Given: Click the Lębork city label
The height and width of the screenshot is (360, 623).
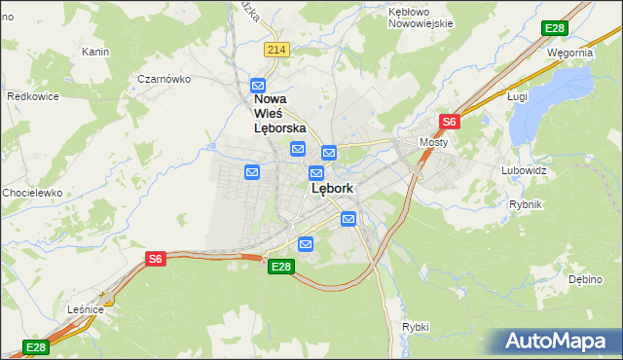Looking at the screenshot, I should (331, 189).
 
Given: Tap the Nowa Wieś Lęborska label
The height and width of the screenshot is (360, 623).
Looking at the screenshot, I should (279, 113).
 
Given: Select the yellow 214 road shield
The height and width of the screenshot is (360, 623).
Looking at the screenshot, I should (276, 50).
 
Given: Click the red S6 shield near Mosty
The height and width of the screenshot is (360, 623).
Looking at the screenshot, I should (449, 122).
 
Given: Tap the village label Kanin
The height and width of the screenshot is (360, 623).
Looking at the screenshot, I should (94, 52).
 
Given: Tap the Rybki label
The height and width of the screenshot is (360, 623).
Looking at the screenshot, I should (415, 327).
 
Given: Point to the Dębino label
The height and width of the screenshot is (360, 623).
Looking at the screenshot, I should (585, 279).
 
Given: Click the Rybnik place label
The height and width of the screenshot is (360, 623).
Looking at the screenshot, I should (525, 204).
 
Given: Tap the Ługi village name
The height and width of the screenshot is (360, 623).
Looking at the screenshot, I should (517, 96).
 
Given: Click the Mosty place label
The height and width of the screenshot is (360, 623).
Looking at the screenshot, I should (433, 142).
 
